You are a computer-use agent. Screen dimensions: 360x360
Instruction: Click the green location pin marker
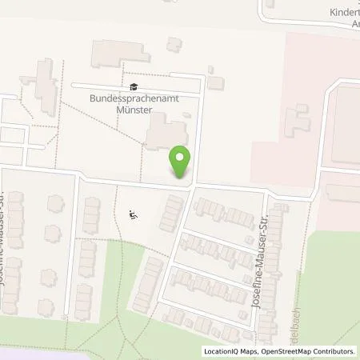pos(181,162)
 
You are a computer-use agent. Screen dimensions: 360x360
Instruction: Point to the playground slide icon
pos(134,214)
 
